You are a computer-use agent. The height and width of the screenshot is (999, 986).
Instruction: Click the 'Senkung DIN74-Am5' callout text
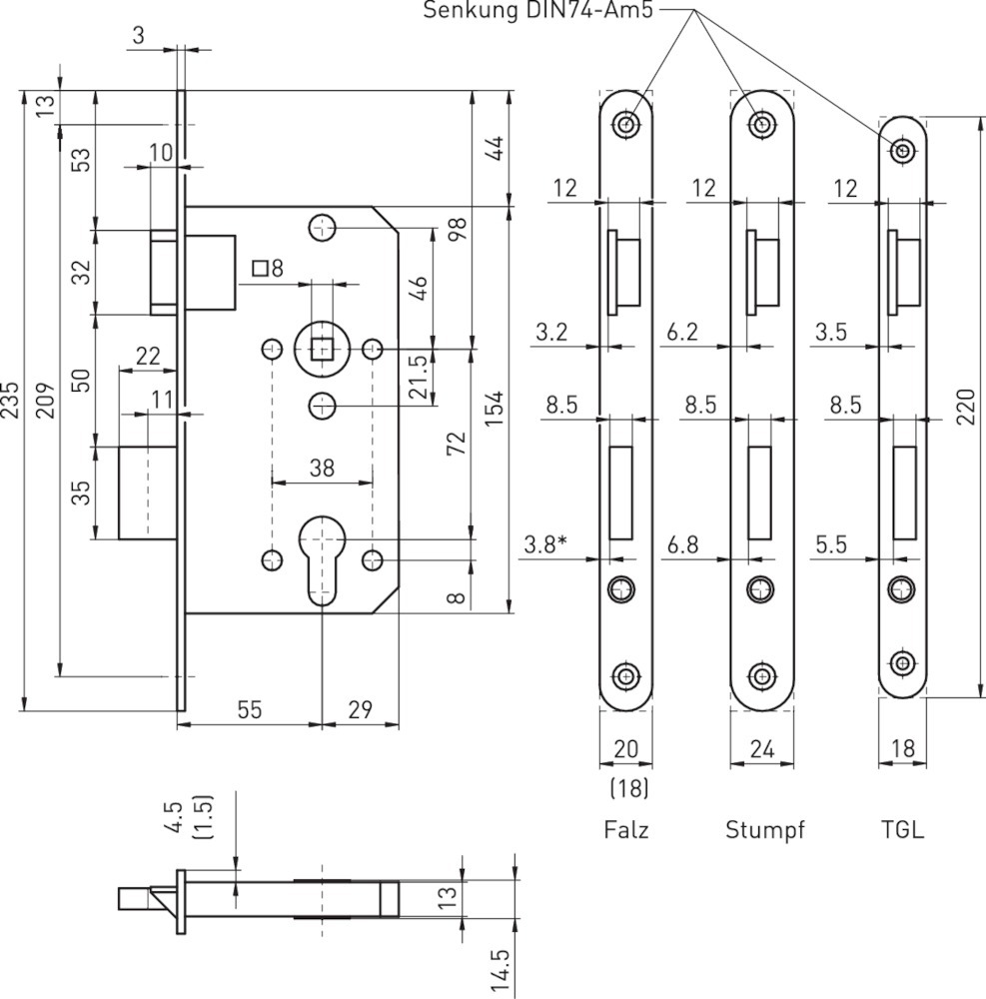point(538,11)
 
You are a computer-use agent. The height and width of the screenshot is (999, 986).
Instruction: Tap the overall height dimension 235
point(11,401)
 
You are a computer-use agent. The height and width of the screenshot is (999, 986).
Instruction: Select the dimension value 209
point(45,401)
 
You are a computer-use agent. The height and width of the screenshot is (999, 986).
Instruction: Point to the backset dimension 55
point(249,709)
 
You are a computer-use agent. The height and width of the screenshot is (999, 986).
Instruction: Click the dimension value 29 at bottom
point(360,709)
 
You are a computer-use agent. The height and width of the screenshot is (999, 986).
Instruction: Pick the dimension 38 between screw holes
point(322,469)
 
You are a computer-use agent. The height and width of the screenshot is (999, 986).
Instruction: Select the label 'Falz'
point(626,829)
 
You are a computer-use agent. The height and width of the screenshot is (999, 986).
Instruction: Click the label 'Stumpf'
point(764,830)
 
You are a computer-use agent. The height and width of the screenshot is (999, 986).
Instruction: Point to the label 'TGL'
point(902,829)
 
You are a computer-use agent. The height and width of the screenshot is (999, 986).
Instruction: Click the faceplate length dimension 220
point(966,407)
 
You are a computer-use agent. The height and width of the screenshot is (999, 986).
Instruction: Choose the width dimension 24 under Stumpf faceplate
point(762,749)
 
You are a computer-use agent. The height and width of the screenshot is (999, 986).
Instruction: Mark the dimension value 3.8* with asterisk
point(545,544)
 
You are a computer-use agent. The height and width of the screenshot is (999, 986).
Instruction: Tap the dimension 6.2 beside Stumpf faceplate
point(683,332)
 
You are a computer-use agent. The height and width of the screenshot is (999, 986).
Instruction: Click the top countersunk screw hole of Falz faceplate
point(626,124)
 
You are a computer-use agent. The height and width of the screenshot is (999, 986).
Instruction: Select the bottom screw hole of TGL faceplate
point(902,663)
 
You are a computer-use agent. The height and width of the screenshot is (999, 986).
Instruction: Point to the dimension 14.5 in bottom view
point(501,971)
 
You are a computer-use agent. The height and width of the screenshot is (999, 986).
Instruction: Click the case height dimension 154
point(493,409)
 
